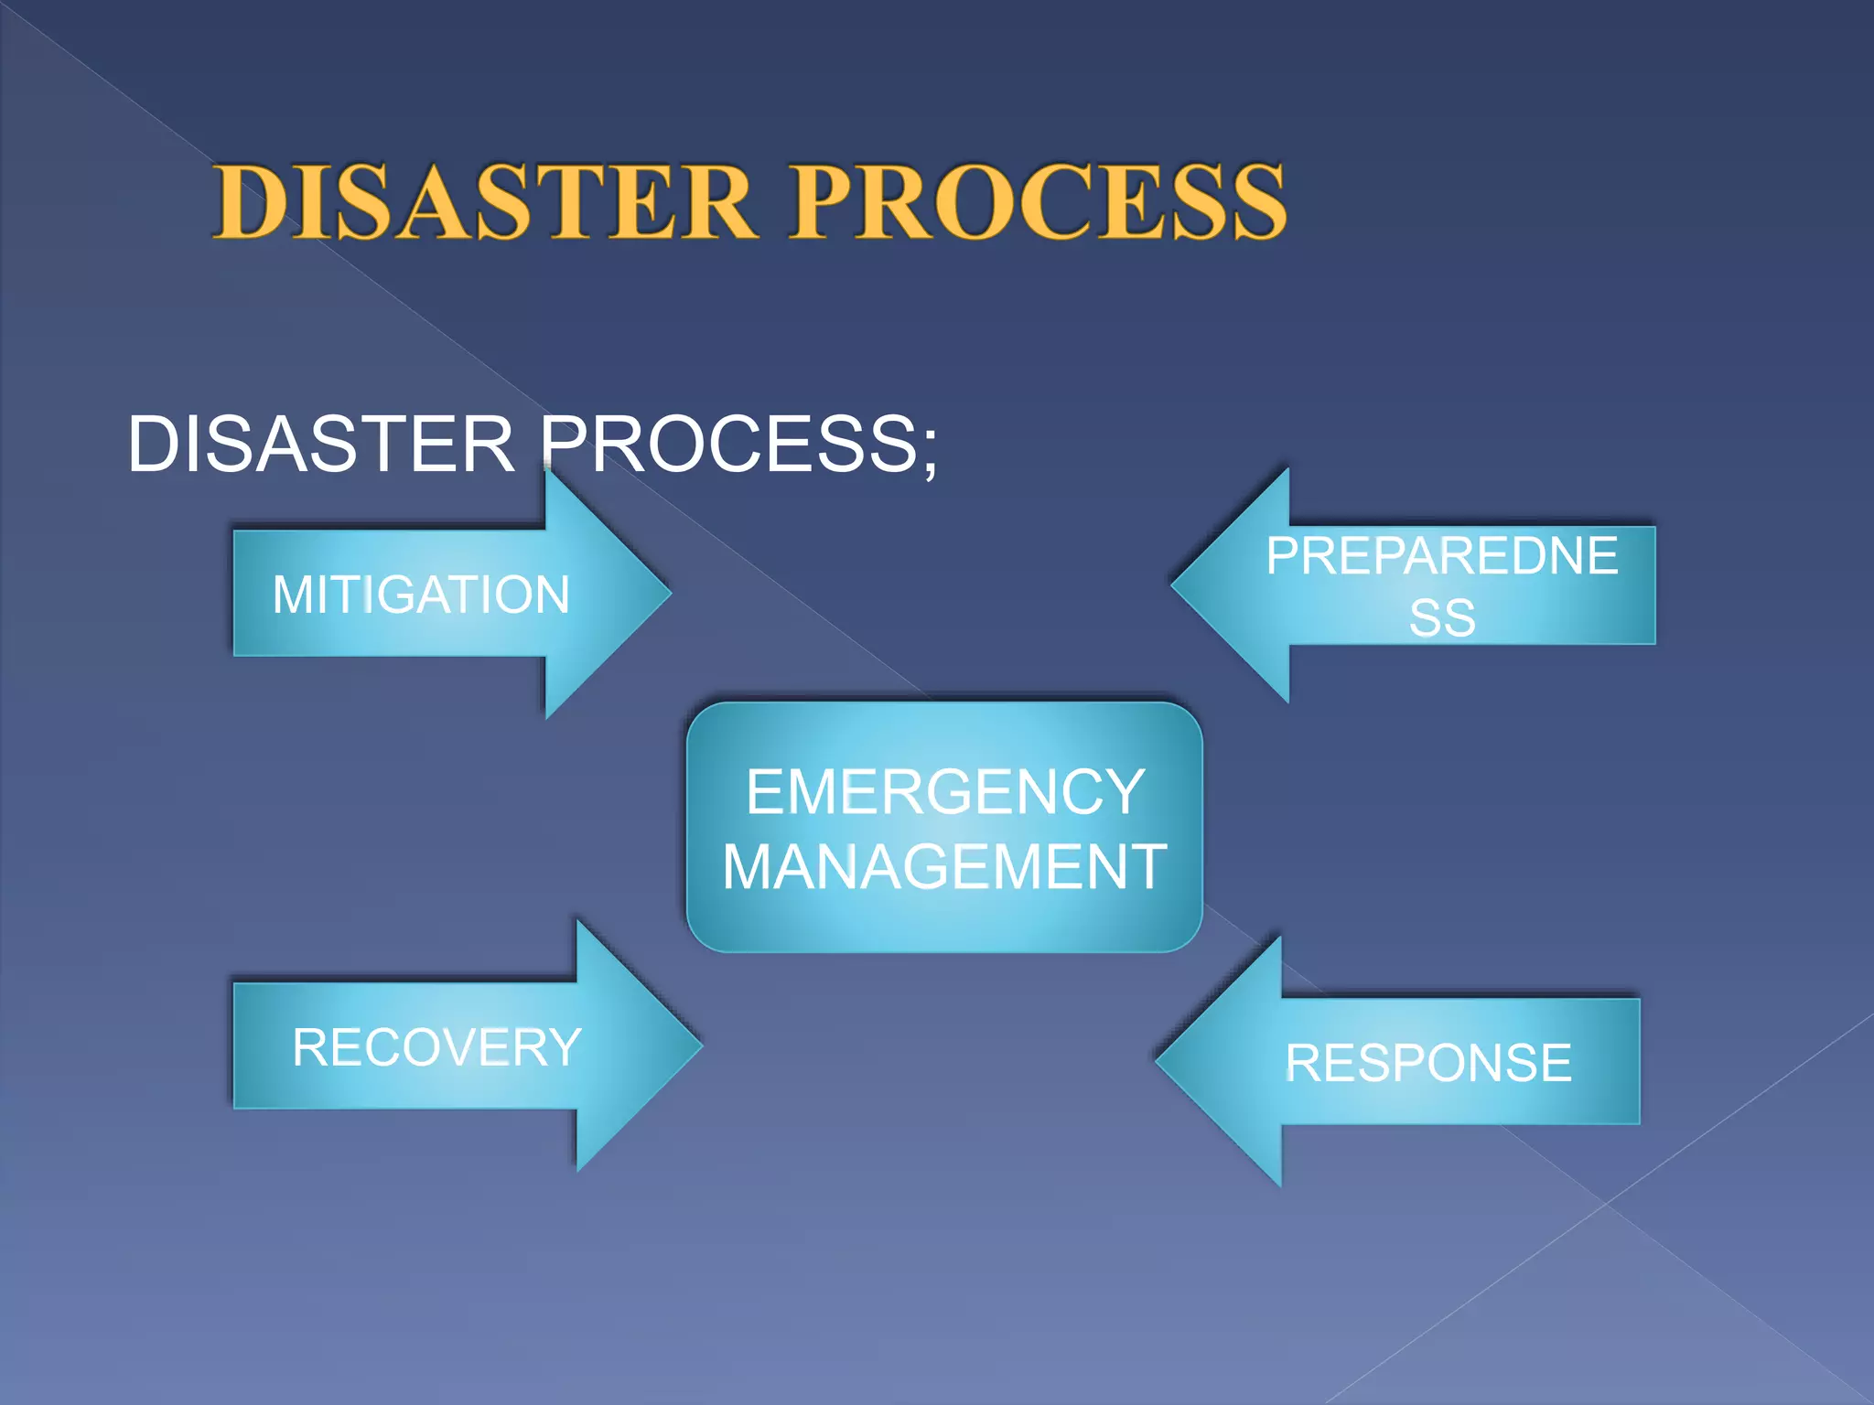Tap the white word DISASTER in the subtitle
[x=321, y=445]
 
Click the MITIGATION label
[x=421, y=595]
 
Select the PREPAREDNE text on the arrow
[x=1442, y=556]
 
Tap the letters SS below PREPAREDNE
[x=1442, y=618]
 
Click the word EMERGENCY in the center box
[x=944, y=791]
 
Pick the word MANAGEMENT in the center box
[x=944, y=866]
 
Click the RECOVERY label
[x=436, y=1047]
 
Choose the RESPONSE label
[x=1427, y=1063]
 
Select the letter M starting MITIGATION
[x=295, y=595]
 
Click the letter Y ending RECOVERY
[x=564, y=1047]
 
